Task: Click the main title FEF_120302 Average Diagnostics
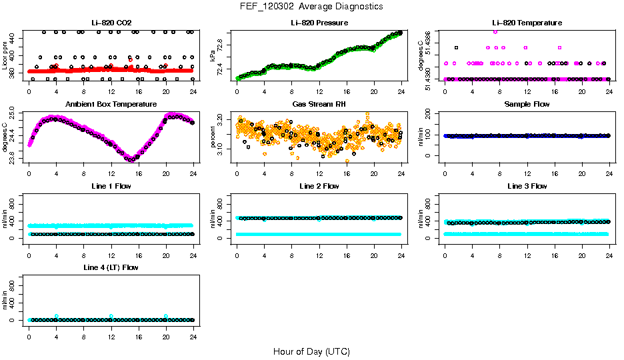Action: pos(311,6)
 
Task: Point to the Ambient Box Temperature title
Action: pos(111,104)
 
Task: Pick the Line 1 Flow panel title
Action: pos(111,186)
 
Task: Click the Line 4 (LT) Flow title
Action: pos(111,267)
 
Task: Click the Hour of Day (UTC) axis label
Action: pos(311,351)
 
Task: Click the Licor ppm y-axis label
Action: pos(5,55)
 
